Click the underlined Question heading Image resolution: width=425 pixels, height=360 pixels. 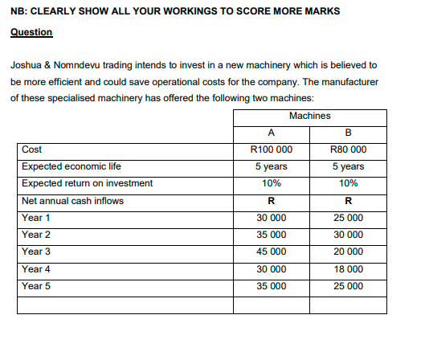coord(31,32)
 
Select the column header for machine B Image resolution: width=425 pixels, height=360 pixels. coord(349,133)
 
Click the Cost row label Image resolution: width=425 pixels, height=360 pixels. coord(32,149)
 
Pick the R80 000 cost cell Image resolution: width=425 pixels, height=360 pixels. coord(349,149)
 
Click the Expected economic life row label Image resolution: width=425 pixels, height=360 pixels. coord(72,166)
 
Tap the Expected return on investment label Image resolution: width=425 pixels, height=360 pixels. coord(87,183)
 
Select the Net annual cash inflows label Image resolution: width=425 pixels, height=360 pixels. coord(72,200)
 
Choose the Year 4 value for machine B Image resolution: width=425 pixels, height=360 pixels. coord(349,268)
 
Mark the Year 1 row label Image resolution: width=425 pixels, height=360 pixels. coord(36,218)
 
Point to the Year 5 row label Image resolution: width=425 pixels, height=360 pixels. coord(36,285)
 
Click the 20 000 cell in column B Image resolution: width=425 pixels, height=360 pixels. coord(349,252)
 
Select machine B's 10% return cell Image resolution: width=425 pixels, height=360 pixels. coord(349,183)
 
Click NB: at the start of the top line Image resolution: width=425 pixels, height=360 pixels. coord(18,10)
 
